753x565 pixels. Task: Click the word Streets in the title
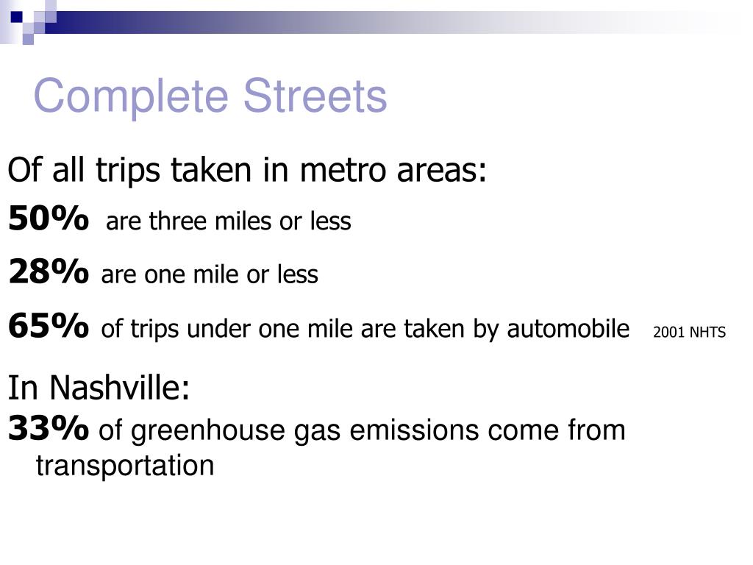315,96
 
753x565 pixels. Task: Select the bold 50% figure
49,219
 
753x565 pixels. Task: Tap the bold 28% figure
49,273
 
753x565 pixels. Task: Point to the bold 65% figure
49,327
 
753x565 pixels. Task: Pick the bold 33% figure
49,429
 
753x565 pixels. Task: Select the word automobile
569,329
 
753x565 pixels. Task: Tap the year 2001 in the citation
668,333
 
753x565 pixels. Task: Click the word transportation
125,466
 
